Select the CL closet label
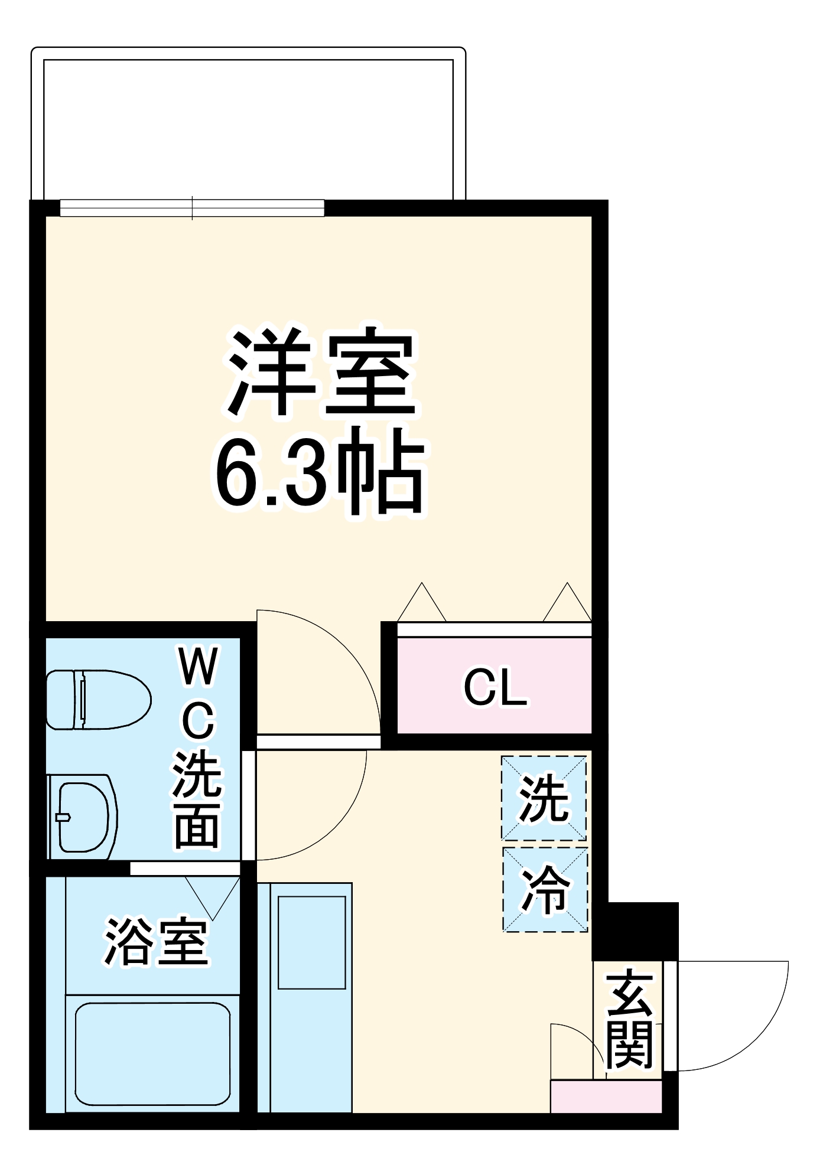(495, 687)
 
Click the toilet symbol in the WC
(97, 700)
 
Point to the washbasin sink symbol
(83, 817)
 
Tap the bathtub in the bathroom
(152, 1053)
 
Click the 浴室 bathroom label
(156, 942)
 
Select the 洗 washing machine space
(544, 798)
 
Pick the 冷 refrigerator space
(545, 890)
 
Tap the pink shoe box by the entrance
(606, 1096)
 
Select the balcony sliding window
(192, 208)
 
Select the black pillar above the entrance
(636, 931)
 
